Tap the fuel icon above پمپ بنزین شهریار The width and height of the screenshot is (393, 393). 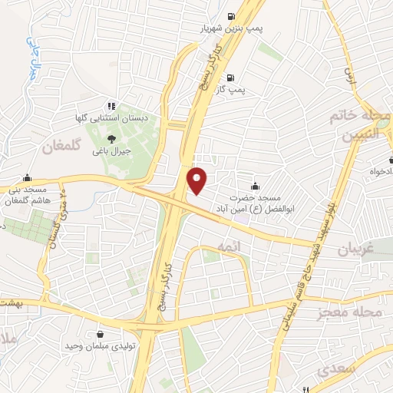(231, 16)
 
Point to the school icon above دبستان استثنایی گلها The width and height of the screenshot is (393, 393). (112, 106)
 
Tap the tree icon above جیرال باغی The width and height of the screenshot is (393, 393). (112, 139)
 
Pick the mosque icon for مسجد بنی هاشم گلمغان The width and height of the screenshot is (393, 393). (28, 177)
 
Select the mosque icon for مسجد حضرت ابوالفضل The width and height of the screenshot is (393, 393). (256, 185)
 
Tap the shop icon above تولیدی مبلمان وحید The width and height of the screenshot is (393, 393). (101, 334)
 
